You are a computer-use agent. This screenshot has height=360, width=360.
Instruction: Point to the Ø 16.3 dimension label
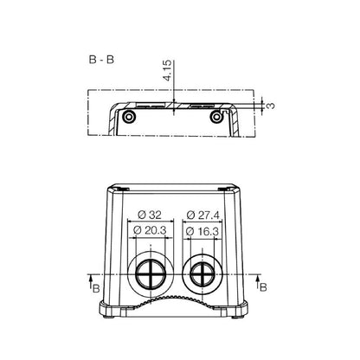204,231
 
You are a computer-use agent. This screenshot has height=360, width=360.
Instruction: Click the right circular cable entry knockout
202,274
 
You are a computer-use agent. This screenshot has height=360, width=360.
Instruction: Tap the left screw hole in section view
129,116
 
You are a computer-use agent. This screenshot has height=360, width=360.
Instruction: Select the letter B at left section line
95,286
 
